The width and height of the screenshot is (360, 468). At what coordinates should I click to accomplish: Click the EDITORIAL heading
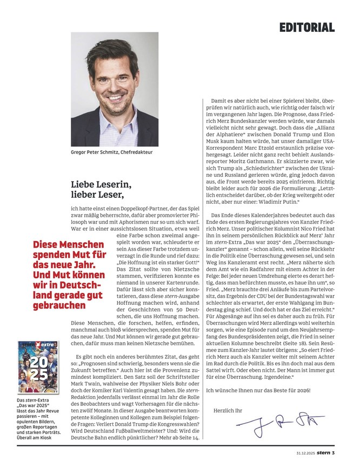tap(307, 27)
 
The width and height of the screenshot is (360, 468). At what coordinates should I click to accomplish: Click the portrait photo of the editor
tap(115, 89)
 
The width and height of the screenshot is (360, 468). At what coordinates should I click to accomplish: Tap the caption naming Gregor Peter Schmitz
tap(112, 153)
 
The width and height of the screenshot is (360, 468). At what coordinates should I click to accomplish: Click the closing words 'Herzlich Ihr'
tap(229, 410)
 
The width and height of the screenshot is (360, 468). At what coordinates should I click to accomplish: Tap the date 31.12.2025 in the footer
tap(306, 452)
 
